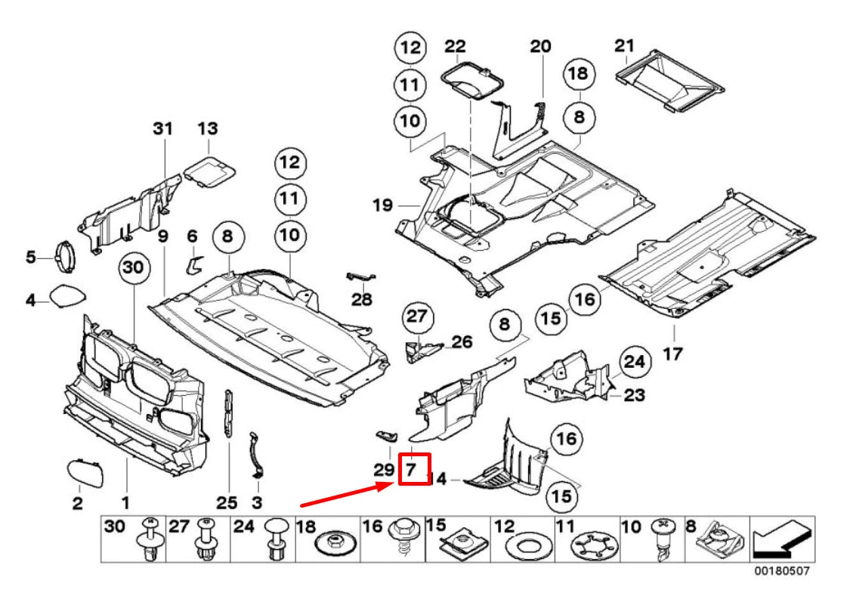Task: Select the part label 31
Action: tap(162, 129)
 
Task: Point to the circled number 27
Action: tap(415, 317)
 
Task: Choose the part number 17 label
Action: tap(672, 353)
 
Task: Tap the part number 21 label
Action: tap(623, 46)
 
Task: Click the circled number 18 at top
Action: tap(579, 74)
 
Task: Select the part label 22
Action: tap(455, 47)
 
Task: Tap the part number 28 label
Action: tap(362, 300)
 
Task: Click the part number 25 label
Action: tap(227, 502)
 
